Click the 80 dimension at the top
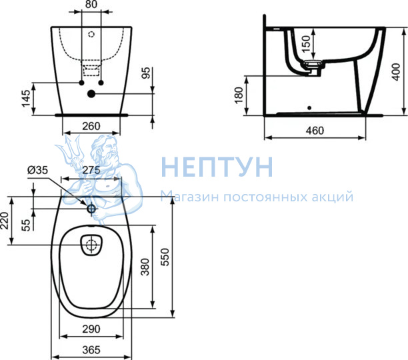[91, 4]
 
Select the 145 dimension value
[26, 99]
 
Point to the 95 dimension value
[146, 73]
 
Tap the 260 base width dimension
[91, 127]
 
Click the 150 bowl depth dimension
[307, 43]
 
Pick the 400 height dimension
[396, 72]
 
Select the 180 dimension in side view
[239, 95]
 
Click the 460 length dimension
[315, 131]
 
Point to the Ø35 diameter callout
[38, 170]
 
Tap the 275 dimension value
[91, 170]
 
